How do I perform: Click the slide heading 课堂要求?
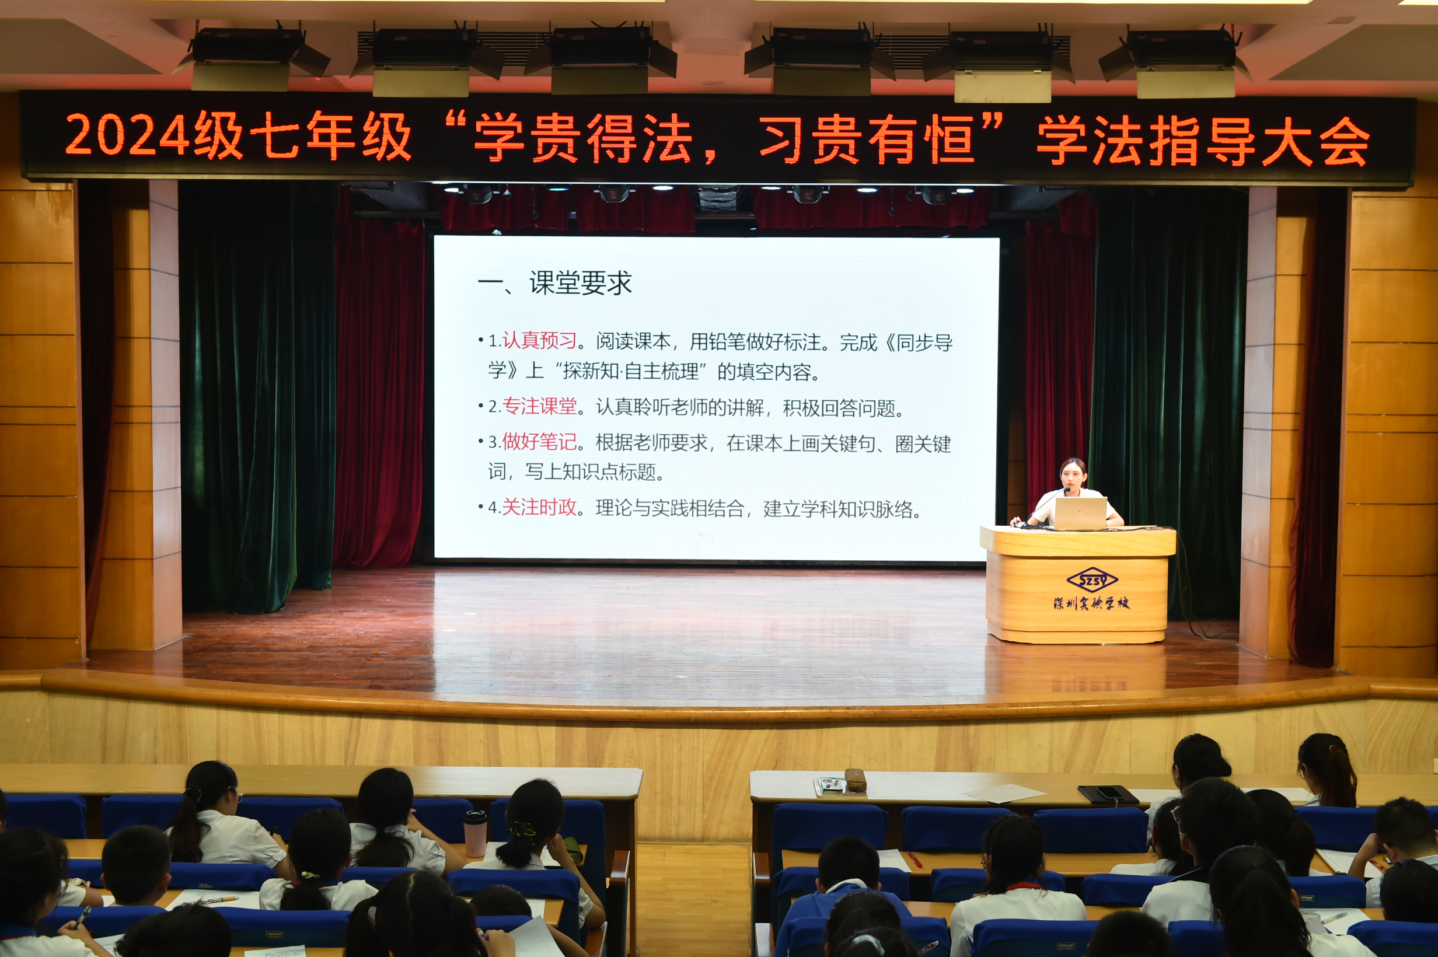coord(581,283)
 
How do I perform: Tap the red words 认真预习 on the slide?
coord(540,341)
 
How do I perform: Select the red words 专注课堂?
coord(540,407)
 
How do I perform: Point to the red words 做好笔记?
coord(540,441)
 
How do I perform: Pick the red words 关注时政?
coord(540,507)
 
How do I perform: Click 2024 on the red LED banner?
coord(127,135)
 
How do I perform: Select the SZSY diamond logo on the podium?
coord(1092,580)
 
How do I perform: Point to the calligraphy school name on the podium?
coord(1091,603)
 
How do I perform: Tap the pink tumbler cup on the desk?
coord(475,834)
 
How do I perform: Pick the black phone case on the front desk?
coord(1108,794)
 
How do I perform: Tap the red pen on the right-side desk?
coord(915,860)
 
